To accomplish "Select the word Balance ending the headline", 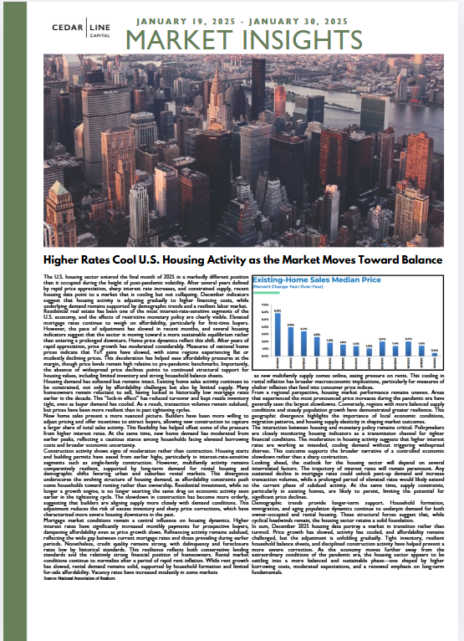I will pyautogui.click(x=416, y=260).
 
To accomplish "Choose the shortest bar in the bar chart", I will pyautogui.click(x=434, y=354).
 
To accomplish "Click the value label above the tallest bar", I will pyautogui.click(x=277, y=310).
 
